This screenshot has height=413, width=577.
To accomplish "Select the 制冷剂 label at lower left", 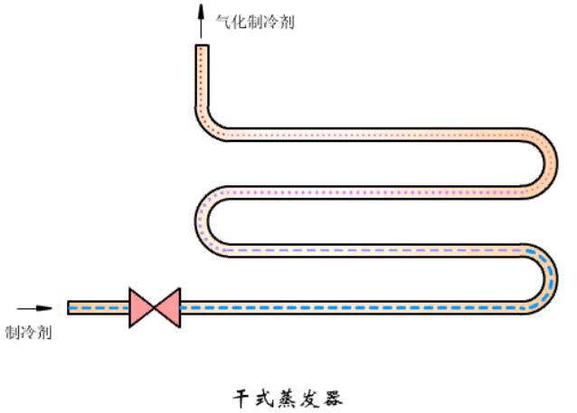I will (x=28, y=333).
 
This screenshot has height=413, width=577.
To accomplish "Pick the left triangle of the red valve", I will (x=142, y=307).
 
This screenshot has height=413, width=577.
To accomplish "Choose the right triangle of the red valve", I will (x=167, y=307).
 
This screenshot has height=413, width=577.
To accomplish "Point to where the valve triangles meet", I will (x=155, y=307).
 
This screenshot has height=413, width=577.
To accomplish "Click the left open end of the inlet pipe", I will (x=70, y=307).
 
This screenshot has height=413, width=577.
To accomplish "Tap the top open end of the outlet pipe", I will (x=203, y=47).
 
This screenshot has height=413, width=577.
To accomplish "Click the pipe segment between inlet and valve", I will (x=99, y=307).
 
